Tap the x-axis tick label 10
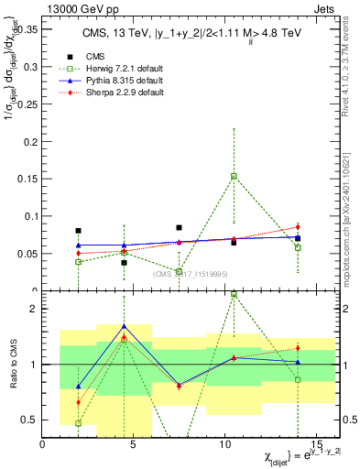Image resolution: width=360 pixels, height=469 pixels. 225,444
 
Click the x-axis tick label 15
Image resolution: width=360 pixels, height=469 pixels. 316,444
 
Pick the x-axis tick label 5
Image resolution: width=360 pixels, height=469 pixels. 135,444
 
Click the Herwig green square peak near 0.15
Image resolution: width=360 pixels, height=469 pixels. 234,176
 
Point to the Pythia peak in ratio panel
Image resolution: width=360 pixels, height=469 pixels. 124,326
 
